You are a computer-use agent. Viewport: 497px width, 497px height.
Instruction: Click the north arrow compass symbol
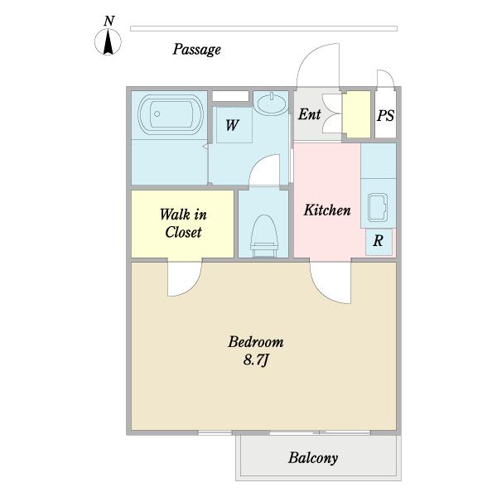click(108, 41)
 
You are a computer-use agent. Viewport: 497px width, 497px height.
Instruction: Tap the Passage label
click(196, 50)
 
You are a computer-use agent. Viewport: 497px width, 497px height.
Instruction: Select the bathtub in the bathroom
click(171, 114)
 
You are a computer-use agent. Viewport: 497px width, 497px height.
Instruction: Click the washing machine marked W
click(234, 124)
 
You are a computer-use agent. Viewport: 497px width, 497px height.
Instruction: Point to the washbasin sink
click(272, 103)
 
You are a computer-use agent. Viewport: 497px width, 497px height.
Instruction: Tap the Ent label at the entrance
click(309, 114)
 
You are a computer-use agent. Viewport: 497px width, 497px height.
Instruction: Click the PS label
click(385, 115)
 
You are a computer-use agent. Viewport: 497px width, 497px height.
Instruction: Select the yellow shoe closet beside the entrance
click(357, 114)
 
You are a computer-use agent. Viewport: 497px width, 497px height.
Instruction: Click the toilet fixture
click(264, 236)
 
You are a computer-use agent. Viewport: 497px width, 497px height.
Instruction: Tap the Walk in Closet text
click(183, 223)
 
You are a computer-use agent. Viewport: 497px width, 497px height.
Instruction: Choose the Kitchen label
click(327, 210)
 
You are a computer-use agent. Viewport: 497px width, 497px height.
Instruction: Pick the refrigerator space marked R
click(379, 241)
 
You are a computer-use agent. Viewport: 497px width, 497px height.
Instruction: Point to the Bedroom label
click(256, 341)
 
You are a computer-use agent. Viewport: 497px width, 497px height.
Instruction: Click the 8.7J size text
click(257, 360)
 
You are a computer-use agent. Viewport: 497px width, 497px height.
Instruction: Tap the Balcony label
click(313, 458)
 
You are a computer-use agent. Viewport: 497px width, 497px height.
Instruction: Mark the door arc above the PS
click(389, 74)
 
